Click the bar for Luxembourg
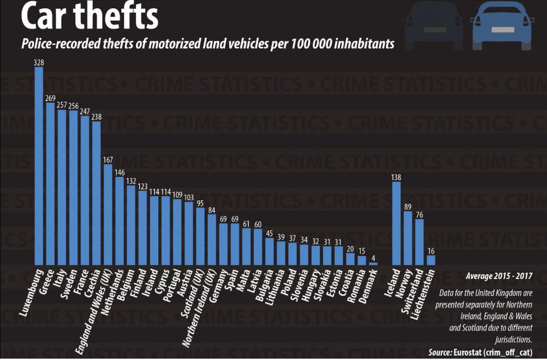(x=39, y=166)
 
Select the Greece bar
(x=51, y=184)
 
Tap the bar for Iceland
(x=396, y=223)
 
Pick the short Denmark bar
(x=374, y=264)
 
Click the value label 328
(x=39, y=62)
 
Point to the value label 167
(x=108, y=159)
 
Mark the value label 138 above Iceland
(x=396, y=177)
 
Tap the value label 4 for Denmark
(x=374, y=258)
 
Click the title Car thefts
(x=89, y=17)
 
